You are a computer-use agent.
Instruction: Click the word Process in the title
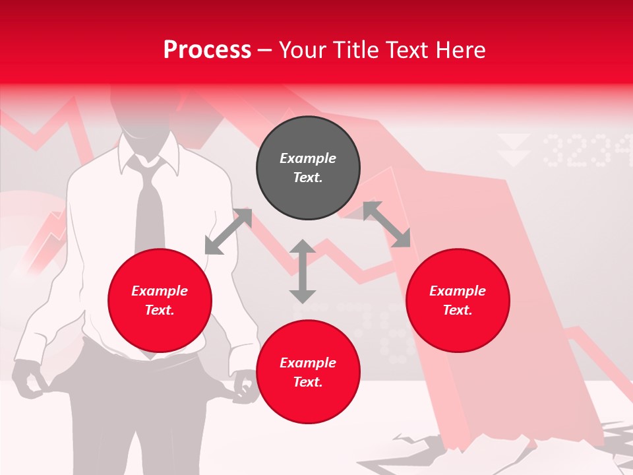(207, 50)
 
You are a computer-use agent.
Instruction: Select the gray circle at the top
(308, 168)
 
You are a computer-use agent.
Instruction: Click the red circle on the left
(160, 301)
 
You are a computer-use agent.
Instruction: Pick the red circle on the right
(458, 301)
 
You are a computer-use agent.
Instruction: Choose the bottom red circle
(308, 372)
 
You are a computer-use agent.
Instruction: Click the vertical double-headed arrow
(303, 271)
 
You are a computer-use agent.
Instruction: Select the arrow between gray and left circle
(228, 232)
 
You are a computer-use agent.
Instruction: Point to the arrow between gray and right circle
(386, 224)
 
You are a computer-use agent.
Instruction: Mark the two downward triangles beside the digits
(514, 150)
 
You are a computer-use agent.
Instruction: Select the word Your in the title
(304, 50)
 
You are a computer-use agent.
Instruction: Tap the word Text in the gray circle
(308, 177)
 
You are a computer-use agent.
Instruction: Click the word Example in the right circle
(458, 291)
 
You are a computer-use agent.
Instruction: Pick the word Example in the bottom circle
(308, 363)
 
